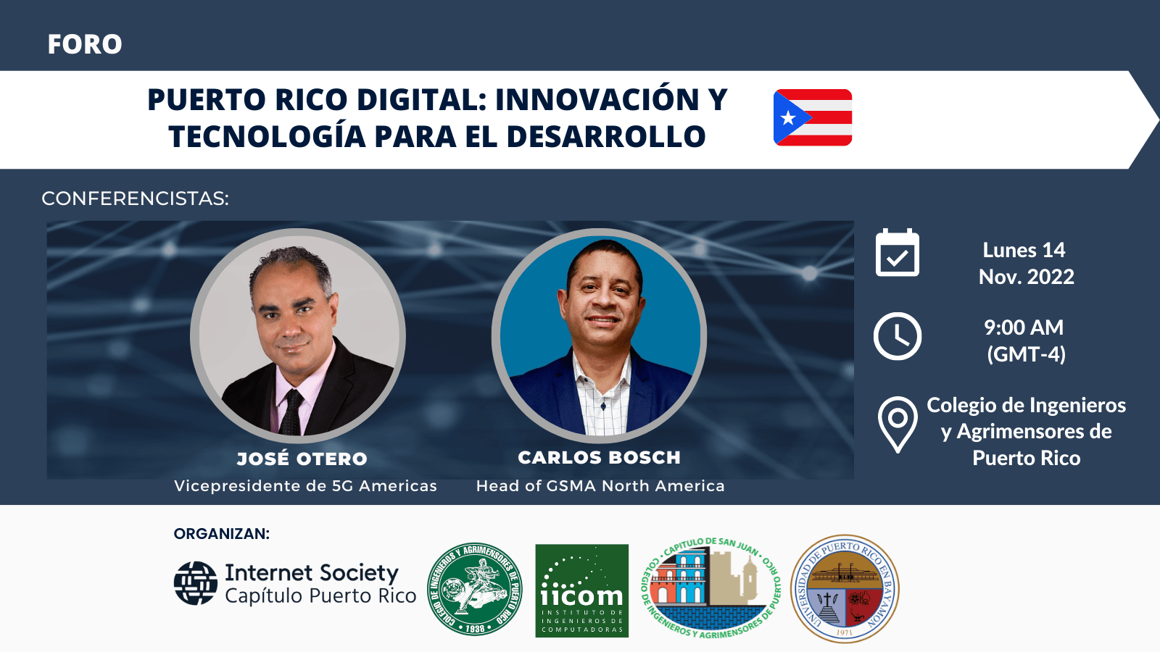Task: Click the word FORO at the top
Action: pos(85,44)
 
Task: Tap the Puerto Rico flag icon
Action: pos(813,117)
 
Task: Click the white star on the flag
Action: pos(788,117)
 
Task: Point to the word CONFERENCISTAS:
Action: pos(135,198)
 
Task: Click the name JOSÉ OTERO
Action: pos(302,459)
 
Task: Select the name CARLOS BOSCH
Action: pos(599,458)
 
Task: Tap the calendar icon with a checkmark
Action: pos(897,253)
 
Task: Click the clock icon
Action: pos(897,336)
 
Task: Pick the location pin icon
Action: pos(897,423)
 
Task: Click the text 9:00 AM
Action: pos(1024,327)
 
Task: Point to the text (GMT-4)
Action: pos(1026,354)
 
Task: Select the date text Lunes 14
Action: pos(1024,250)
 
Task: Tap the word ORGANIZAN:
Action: pos(221,534)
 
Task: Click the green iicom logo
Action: pos(581,590)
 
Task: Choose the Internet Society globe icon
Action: pos(195,583)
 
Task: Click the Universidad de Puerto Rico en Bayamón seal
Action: pos(845,589)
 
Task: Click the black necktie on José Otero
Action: pos(292,413)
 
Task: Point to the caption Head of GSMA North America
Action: pos(600,486)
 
